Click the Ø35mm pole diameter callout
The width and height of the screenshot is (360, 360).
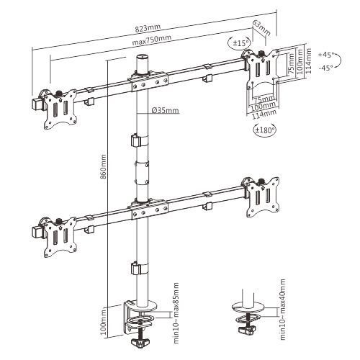coord(165,110)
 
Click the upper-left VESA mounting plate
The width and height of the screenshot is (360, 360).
coord(59,109)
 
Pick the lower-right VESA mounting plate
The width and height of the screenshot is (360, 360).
coord(259,194)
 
